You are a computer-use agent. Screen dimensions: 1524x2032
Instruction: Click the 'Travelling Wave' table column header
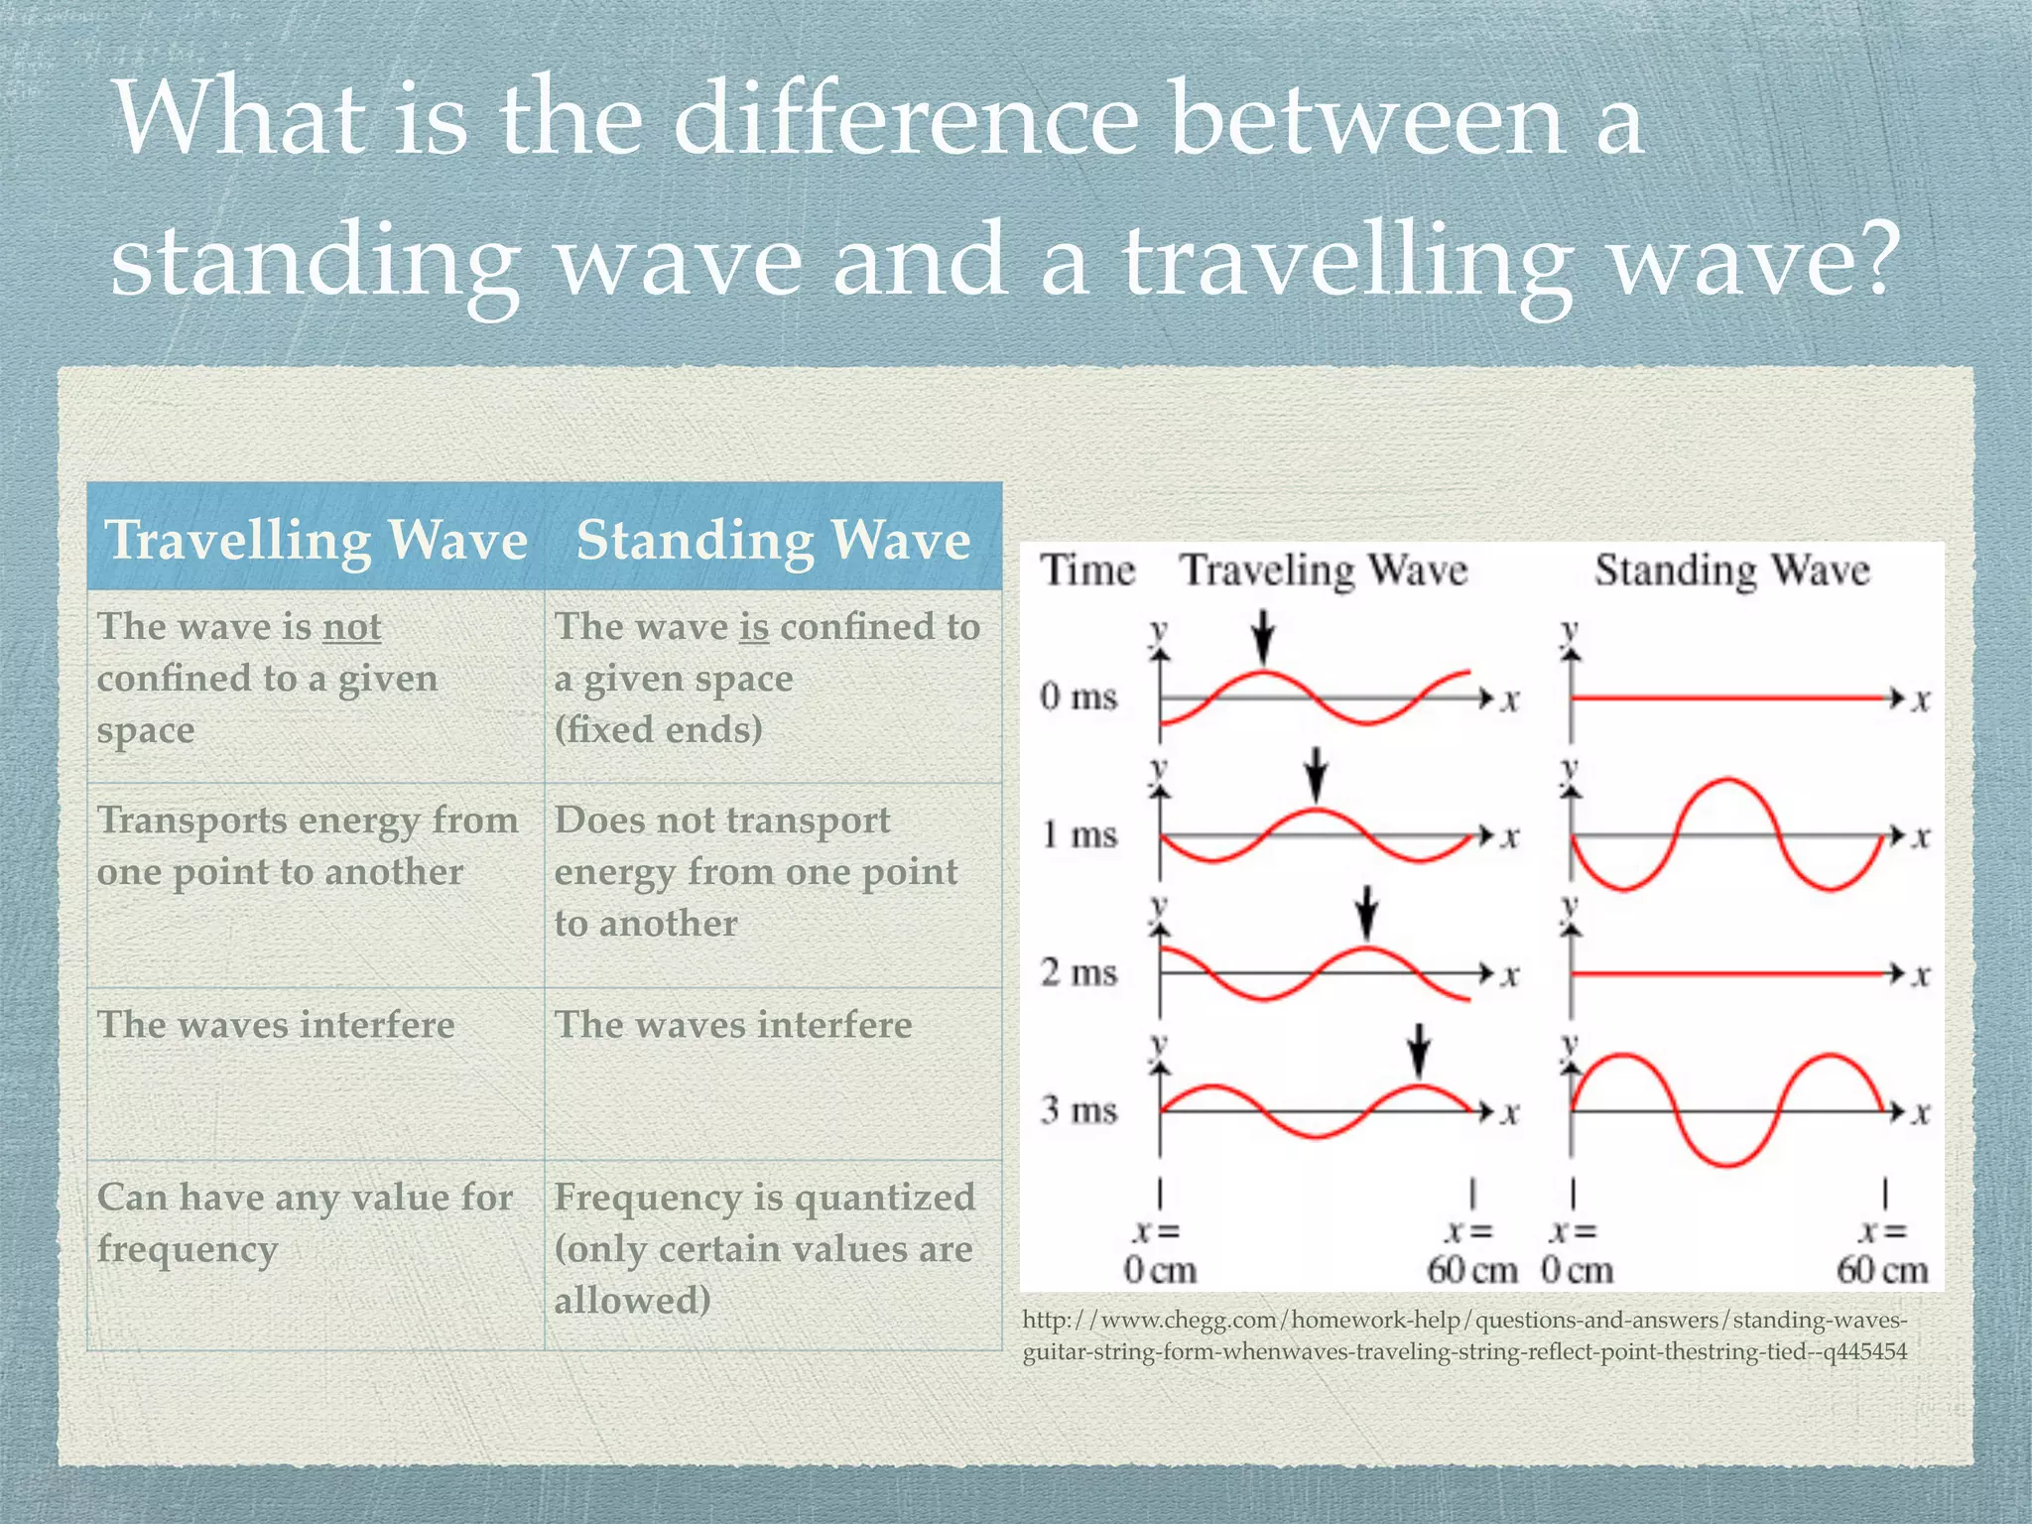point(316,541)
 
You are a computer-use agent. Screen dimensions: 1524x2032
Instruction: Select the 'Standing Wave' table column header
point(773,541)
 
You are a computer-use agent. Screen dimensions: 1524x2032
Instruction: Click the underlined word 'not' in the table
point(351,627)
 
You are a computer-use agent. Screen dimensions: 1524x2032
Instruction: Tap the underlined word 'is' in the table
point(754,627)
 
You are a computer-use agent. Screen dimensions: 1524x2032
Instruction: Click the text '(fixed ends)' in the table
point(658,730)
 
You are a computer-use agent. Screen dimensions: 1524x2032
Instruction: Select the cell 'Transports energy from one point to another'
point(308,846)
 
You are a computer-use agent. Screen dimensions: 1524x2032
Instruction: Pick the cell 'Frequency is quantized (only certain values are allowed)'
point(764,1248)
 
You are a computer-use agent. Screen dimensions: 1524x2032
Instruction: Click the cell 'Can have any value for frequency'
point(304,1222)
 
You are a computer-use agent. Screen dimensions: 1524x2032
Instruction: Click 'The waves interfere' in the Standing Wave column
point(732,1025)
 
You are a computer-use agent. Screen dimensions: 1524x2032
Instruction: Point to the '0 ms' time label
point(1079,697)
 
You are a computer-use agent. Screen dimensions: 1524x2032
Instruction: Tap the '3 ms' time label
point(1079,1109)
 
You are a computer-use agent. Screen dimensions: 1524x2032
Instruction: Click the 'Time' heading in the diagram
point(1086,571)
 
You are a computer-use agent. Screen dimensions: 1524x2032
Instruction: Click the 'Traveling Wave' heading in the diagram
point(1324,571)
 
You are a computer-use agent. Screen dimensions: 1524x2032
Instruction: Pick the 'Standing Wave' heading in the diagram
point(1731,571)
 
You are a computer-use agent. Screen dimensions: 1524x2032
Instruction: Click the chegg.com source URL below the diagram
point(1464,1335)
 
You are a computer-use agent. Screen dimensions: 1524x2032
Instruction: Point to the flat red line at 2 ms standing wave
point(1726,974)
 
